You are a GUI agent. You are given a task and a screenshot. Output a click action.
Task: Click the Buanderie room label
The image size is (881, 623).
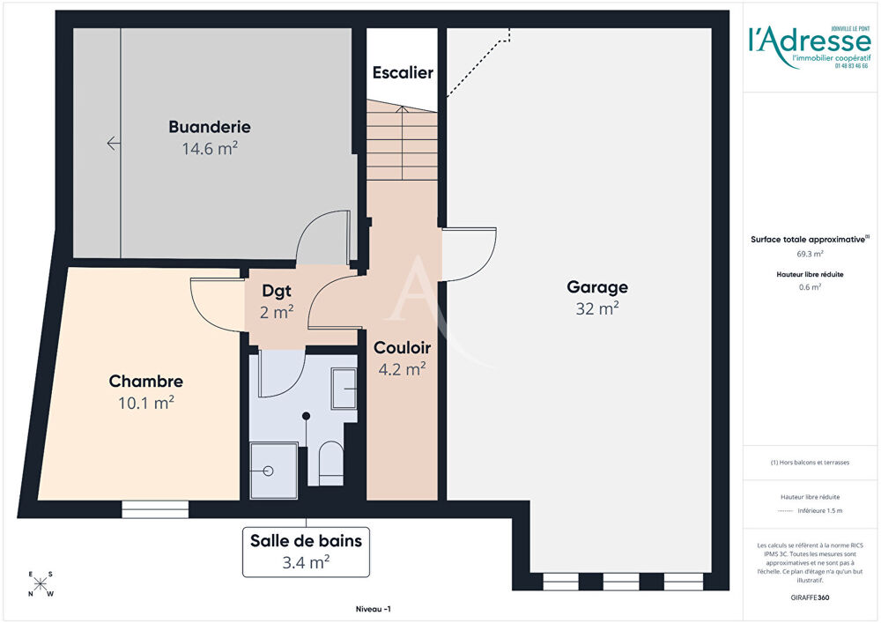(210, 127)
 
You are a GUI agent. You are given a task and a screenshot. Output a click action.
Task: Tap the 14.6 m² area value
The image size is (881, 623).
(210, 149)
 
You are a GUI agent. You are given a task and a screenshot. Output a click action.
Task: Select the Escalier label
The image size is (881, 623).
(402, 72)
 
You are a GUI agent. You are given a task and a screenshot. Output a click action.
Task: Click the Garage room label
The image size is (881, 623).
(596, 287)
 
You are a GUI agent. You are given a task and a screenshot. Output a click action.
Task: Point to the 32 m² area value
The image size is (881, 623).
(596, 308)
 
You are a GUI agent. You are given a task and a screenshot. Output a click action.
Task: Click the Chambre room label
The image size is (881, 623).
(146, 382)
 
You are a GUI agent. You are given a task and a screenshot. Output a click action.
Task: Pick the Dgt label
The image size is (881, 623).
(277, 290)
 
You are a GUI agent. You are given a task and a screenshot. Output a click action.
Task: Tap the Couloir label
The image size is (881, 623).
(401, 347)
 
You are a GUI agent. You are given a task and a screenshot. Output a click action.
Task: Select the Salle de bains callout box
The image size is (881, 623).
(305, 552)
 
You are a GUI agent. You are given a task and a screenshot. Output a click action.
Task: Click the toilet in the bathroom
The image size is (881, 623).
(330, 463)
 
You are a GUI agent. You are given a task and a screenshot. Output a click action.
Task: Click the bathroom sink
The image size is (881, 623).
(343, 389)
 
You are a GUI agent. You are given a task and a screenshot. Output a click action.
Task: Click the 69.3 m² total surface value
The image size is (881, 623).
(811, 254)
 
